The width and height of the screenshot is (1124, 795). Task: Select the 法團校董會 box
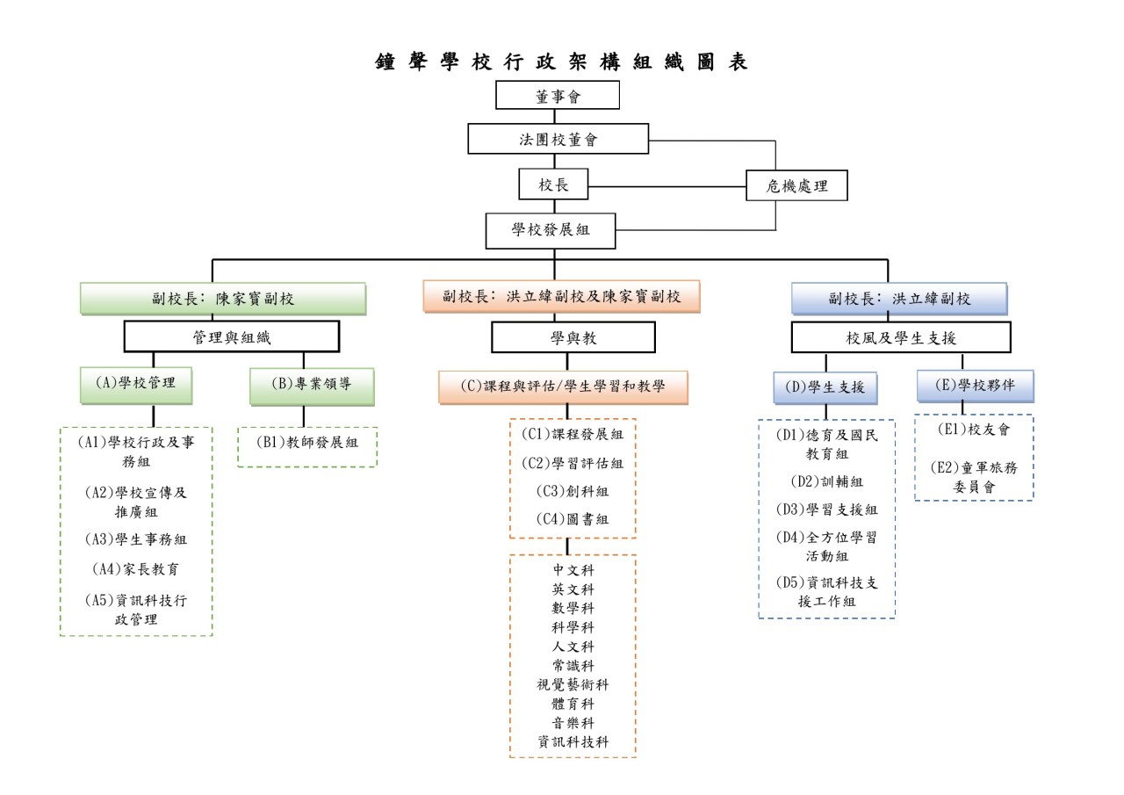click(x=558, y=139)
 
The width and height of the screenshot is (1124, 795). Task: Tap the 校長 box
click(x=553, y=185)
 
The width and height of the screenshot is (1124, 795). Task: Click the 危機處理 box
click(x=796, y=185)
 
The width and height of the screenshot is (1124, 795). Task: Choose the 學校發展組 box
click(x=551, y=230)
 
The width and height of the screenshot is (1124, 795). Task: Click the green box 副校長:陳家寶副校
click(x=223, y=299)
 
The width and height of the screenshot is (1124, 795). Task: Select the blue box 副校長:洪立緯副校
click(x=899, y=299)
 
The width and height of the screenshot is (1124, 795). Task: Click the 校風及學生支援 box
click(x=901, y=337)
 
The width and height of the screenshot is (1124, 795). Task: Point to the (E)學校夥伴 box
click(x=975, y=384)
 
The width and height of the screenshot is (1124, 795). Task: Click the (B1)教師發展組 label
click(x=306, y=443)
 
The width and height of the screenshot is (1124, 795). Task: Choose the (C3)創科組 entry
click(x=573, y=491)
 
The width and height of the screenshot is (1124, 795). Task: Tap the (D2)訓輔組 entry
click(x=826, y=481)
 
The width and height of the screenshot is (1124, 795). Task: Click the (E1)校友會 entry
click(x=974, y=430)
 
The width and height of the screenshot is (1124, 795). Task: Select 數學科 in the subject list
click(x=573, y=608)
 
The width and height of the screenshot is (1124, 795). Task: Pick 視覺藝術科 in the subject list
click(x=573, y=684)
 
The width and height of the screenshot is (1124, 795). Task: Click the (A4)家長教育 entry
click(x=136, y=568)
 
